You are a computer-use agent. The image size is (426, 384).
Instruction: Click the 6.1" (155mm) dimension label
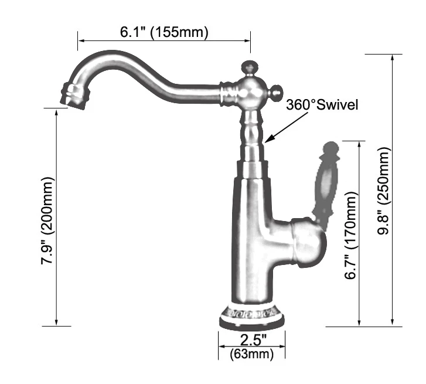click(x=164, y=32)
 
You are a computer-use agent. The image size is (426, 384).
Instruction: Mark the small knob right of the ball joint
click(x=275, y=92)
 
